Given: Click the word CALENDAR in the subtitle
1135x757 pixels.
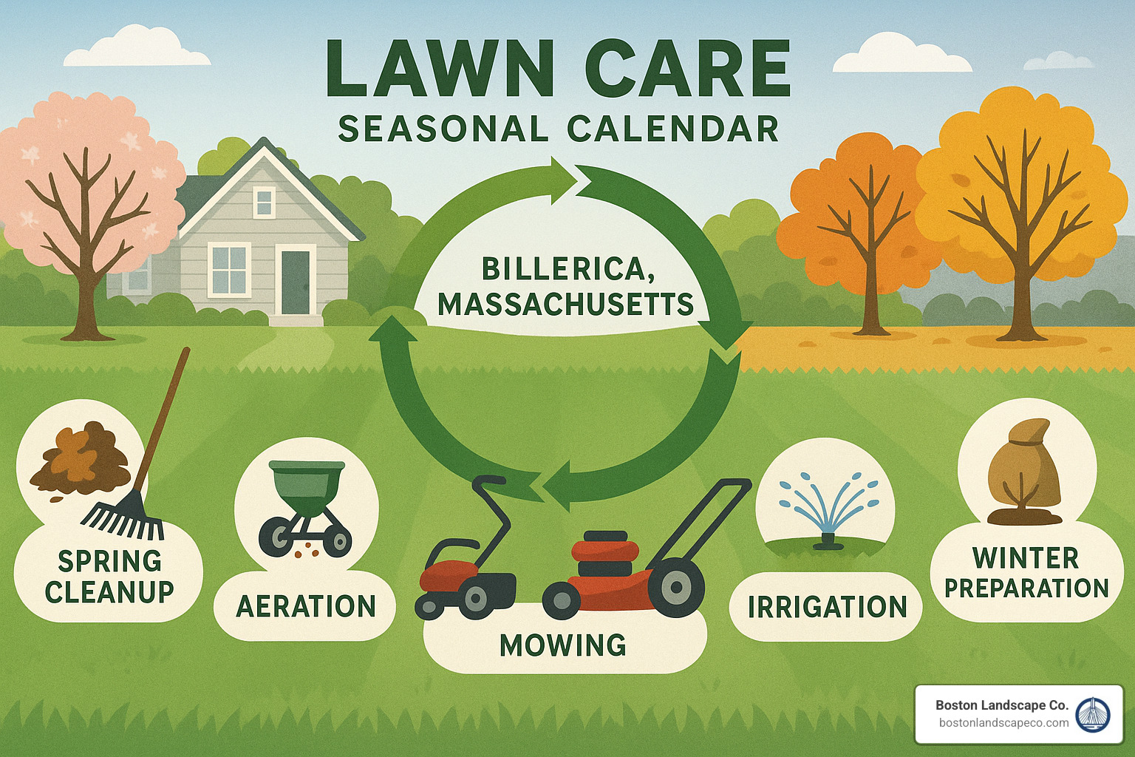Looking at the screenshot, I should tap(673, 129).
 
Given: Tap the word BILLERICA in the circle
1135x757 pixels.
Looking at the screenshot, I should tap(564, 269).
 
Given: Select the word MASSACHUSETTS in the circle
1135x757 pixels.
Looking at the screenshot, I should tap(565, 304).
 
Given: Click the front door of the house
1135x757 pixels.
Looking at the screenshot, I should tap(296, 282).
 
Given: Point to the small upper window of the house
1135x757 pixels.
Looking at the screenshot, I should tap(265, 201).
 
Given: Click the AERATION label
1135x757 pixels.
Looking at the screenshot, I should tap(306, 607).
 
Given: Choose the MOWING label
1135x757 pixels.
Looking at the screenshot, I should tap(563, 645).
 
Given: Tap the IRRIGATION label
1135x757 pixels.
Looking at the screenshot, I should tap(828, 607).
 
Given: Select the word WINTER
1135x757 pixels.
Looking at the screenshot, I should tap(1026, 558).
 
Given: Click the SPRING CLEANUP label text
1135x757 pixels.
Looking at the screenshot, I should tap(109, 577).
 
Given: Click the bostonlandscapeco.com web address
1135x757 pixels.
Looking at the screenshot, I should tap(1003, 723).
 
